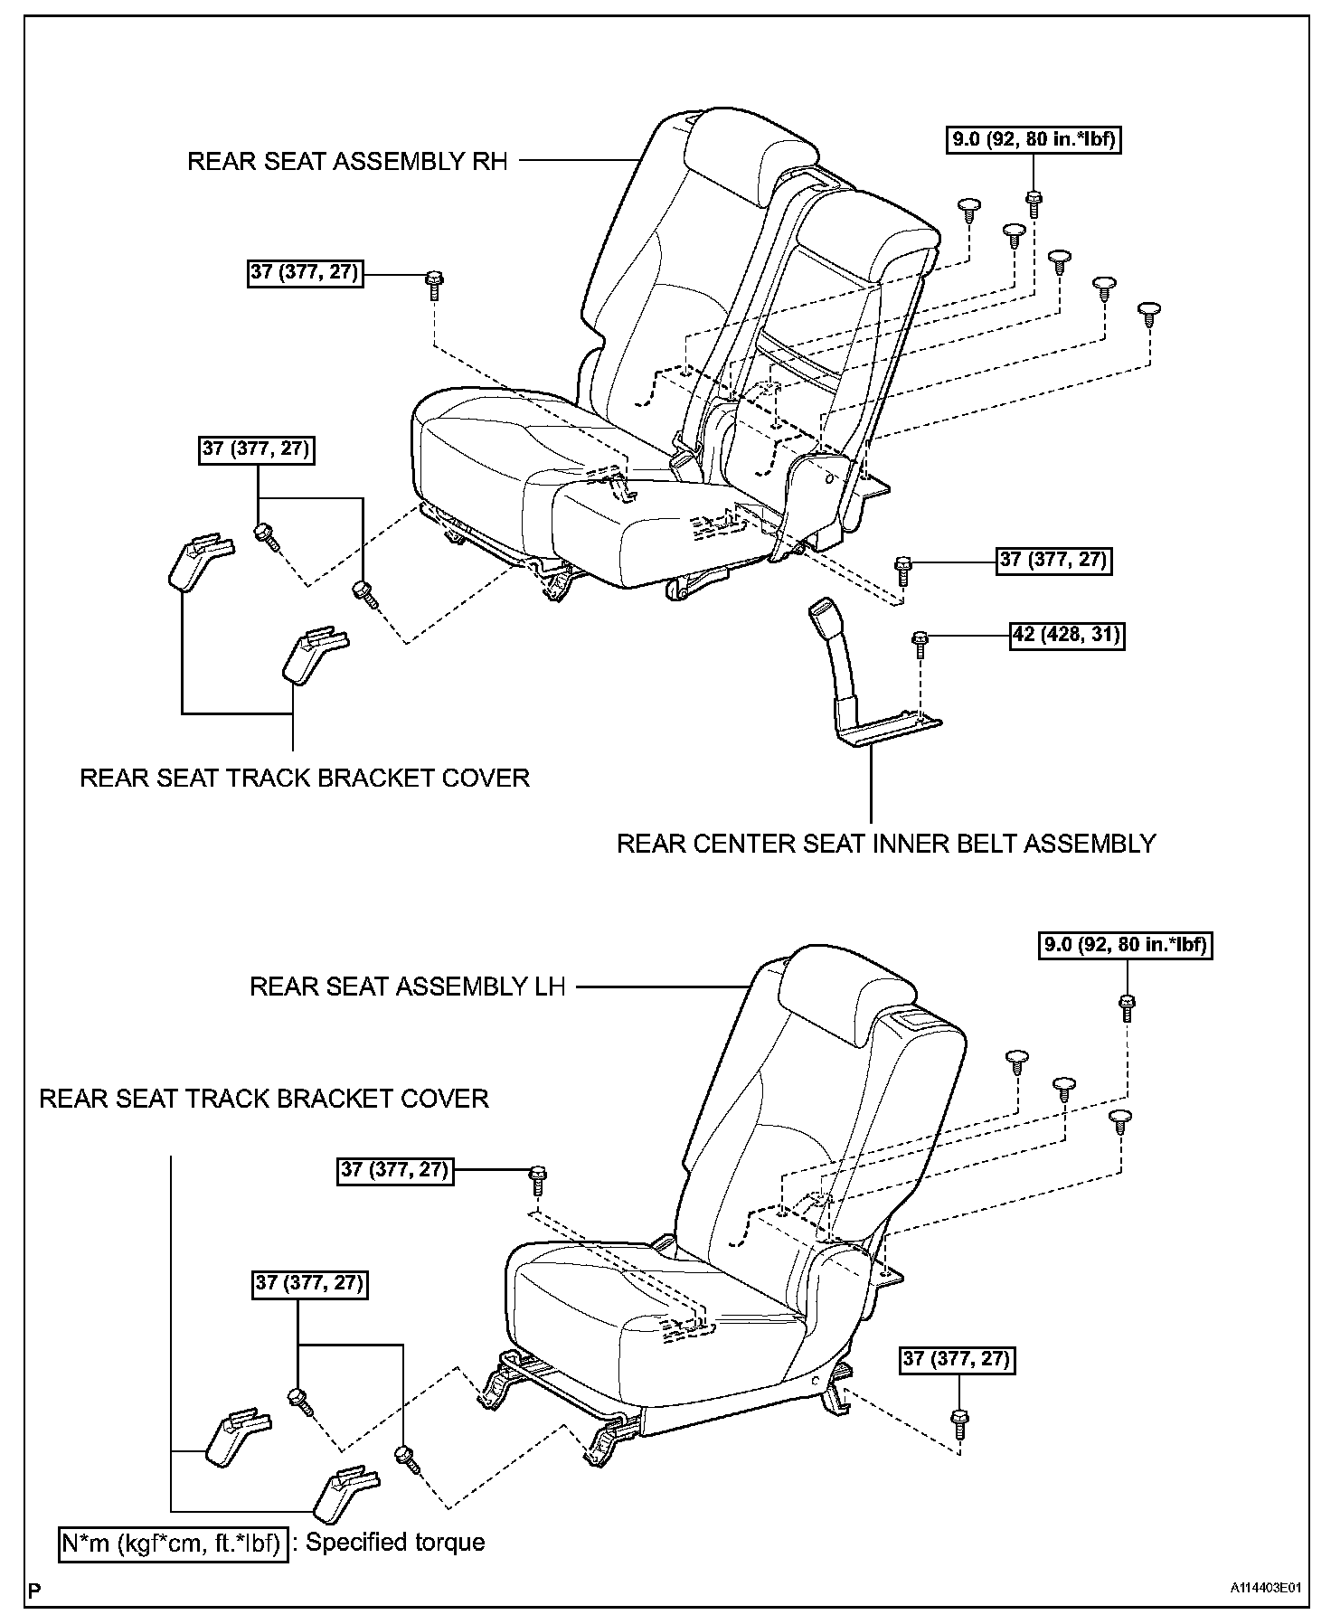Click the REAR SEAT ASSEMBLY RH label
[x=347, y=161]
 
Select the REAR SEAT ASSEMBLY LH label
[x=407, y=986]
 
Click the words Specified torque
[x=395, y=1541]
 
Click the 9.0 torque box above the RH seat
[x=1034, y=140]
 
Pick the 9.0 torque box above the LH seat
[x=1124, y=946]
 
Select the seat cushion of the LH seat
[x=633, y=1302]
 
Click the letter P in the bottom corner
[x=34, y=1590]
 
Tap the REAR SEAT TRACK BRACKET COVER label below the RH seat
[x=305, y=778]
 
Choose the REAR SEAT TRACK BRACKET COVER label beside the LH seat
[x=264, y=1099]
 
